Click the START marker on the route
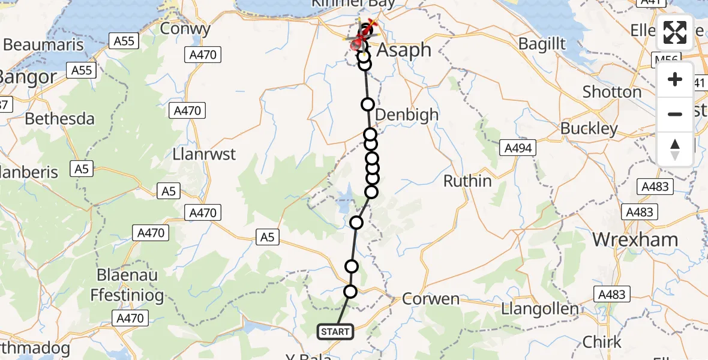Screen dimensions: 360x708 click(335, 332)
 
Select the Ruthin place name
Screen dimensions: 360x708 click(467, 181)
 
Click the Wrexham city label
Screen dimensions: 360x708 click(635, 239)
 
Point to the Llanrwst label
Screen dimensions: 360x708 click(204, 154)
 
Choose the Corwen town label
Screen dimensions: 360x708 click(431, 299)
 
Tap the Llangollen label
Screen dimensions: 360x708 click(540, 310)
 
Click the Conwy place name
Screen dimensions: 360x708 click(185, 28)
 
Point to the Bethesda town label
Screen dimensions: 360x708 click(59, 119)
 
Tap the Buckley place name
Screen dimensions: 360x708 click(589, 128)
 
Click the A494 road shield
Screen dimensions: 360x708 click(518, 148)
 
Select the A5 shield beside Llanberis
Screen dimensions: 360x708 click(82, 169)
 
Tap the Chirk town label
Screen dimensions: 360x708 click(603, 342)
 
